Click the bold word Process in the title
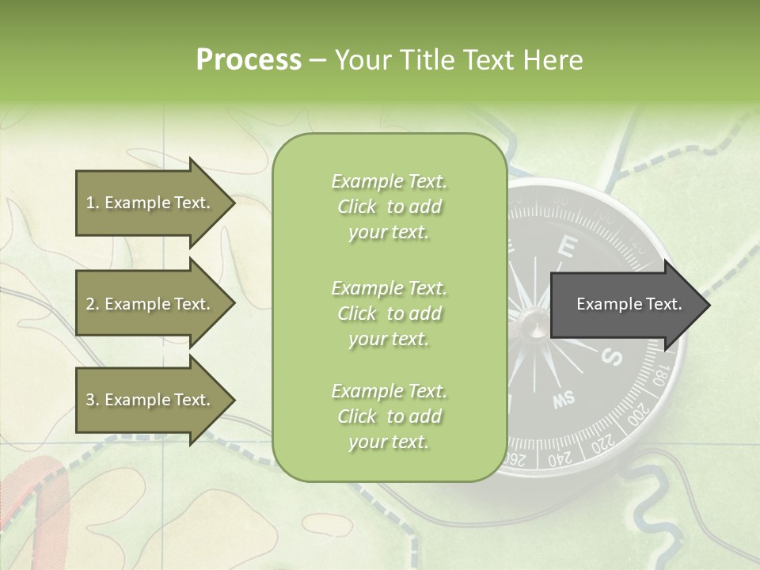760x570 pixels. pyautogui.click(x=249, y=60)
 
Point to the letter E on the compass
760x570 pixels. pyautogui.click(x=565, y=246)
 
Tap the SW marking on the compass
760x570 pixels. pyautogui.click(x=564, y=400)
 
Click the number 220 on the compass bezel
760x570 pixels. pyautogui.click(x=603, y=445)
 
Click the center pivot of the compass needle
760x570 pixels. pyautogui.click(x=530, y=319)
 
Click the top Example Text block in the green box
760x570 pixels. pyautogui.click(x=389, y=207)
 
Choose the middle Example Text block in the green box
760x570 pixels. pyautogui.click(x=389, y=313)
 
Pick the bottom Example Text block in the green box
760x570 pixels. pyautogui.click(x=389, y=416)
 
